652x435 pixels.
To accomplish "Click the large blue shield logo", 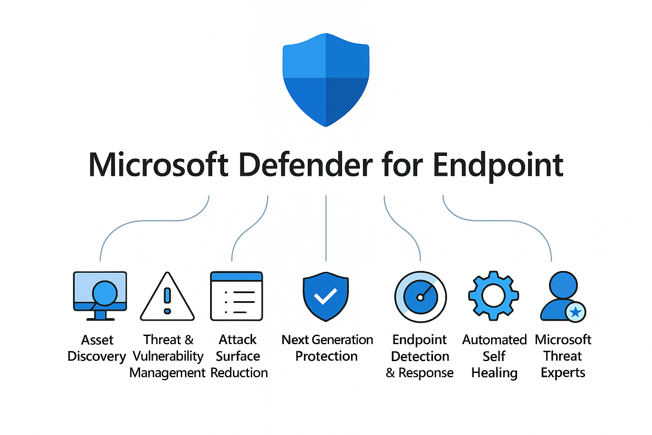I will click(326, 79).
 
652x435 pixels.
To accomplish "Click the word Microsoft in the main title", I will click(158, 165).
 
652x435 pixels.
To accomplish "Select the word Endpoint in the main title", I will click(497, 166).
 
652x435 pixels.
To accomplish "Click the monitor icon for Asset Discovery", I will click(100, 295).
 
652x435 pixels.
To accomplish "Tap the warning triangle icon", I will click(167, 297).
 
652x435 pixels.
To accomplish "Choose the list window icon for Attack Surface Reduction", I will click(236, 296).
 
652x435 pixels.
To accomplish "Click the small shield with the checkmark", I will click(326, 296).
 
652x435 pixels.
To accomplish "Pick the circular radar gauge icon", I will click(420, 297).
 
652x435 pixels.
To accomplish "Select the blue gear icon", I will click(493, 295).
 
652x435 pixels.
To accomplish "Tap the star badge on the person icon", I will click(576, 313).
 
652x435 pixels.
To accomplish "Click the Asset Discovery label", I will click(97, 348).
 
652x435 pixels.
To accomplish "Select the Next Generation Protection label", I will click(327, 348).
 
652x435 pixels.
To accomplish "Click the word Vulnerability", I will click(168, 356).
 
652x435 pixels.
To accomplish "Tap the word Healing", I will click(495, 373).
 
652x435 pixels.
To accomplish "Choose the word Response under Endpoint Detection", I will click(426, 373).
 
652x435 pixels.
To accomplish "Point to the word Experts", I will click(563, 373).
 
